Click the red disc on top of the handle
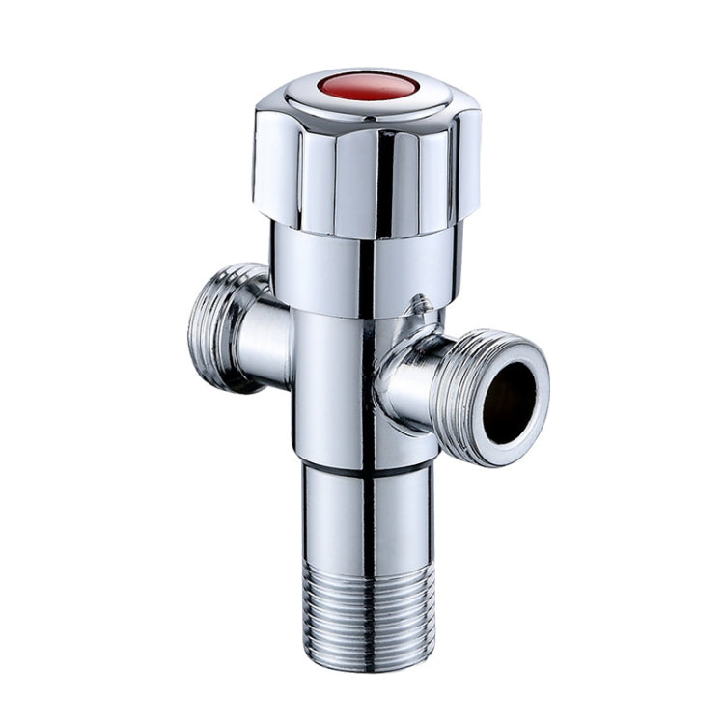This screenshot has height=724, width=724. click(x=368, y=86)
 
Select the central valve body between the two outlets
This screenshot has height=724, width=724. click(x=333, y=386)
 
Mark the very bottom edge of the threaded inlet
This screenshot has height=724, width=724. click(x=367, y=666)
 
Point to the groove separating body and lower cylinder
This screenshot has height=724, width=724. click(x=367, y=468)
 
